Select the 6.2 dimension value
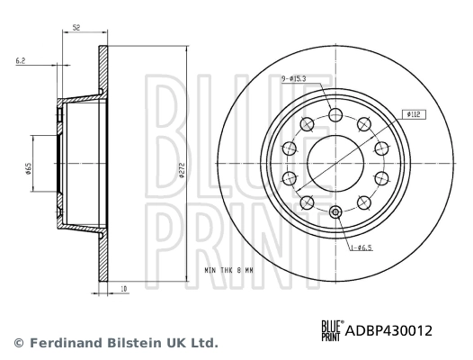[x=21, y=60]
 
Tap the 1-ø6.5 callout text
[x=362, y=245]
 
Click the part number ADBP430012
[x=389, y=330]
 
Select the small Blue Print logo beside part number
[x=331, y=330]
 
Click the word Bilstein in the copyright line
[x=129, y=343]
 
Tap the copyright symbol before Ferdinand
[x=16, y=343]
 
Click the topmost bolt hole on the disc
[x=335, y=115]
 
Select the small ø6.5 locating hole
[x=335, y=211]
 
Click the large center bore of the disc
[x=335, y=163]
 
